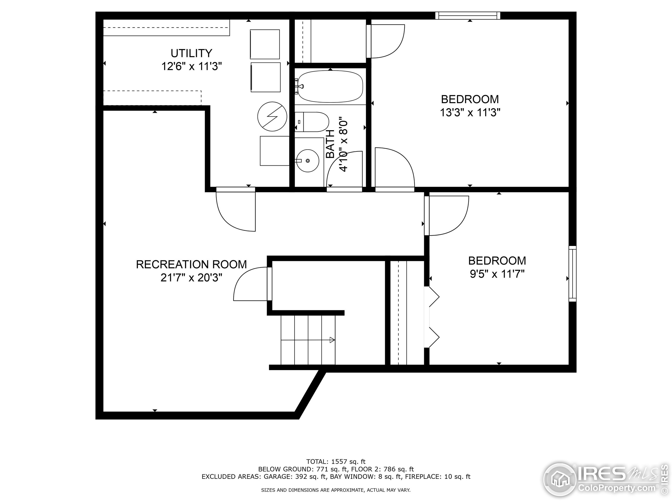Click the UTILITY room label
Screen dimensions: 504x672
tap(191, 53)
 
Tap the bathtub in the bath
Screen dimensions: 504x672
tap(330, 86)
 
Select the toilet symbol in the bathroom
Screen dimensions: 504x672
tap(312, 122)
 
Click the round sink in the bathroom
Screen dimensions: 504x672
tap(307, 160)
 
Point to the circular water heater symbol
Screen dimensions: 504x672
tap(272, 116)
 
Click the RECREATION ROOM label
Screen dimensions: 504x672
tap(191, 264)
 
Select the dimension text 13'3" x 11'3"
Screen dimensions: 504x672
tap(470, 113)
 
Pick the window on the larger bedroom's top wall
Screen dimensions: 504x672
tap(468, 15)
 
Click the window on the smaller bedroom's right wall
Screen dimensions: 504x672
tap(572, 274)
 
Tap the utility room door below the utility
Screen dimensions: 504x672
tap(235, 210)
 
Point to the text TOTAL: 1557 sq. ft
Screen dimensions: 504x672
tap(336, 462)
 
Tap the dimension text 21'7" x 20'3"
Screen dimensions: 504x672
tap(191, 278)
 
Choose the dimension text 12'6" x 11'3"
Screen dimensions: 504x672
tap(191, 66)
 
